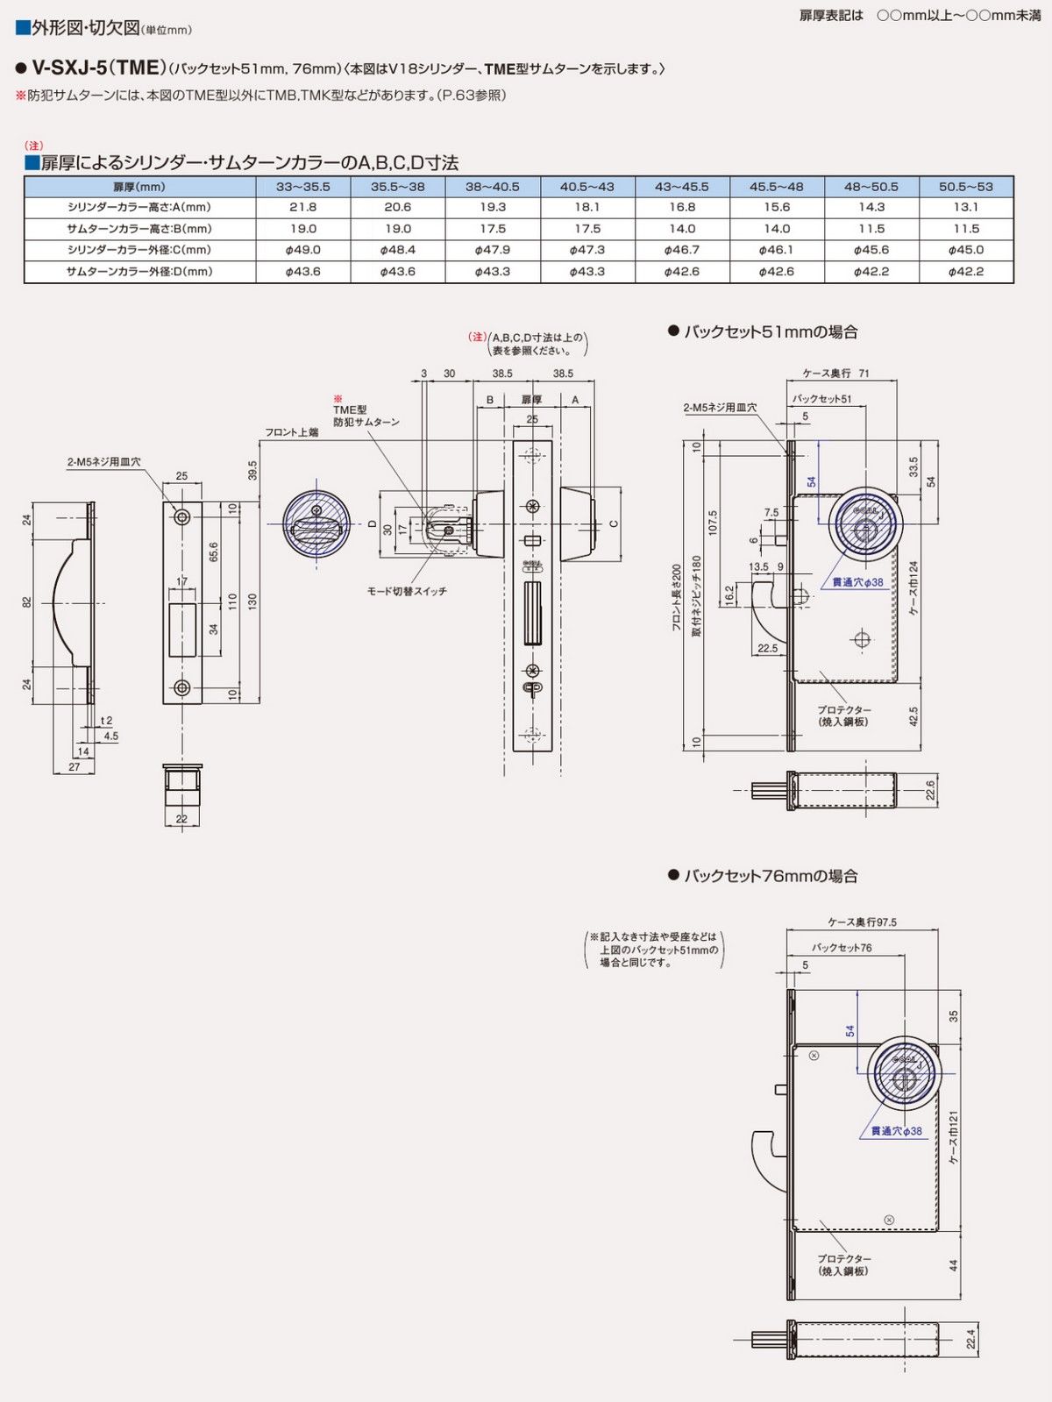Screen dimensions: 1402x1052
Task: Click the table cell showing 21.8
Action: (x=302, y=207)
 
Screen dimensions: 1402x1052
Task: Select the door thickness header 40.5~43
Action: (x=586, y=186)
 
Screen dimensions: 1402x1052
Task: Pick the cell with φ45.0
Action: (x=965, y=250)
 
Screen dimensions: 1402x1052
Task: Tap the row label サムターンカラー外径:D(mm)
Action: (x=139, y=272)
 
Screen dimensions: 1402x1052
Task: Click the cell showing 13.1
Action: (x=965, y=207)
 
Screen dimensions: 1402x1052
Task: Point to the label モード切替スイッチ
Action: (x=406, y=592)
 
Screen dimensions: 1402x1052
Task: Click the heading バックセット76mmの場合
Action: (x=770, y=876)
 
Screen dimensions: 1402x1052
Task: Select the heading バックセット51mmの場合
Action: (x=770, y=331)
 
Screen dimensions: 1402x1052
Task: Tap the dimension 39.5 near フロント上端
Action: (x=252, y=471)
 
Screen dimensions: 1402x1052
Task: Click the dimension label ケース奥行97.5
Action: (x=862, y=922)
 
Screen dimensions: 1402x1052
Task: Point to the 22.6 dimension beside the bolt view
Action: (x=930, y=791)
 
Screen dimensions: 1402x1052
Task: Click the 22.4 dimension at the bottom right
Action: (x=970, y=1339)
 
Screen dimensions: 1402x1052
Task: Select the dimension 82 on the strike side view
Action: (x=27, y=601)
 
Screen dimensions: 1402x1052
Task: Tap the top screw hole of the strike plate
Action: (x=182, y=517)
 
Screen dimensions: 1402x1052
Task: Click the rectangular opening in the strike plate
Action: (x=181, y=629)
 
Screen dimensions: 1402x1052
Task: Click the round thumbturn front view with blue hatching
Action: (x=316, y=524)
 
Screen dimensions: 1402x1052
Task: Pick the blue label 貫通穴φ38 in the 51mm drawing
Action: (x=857, y=582)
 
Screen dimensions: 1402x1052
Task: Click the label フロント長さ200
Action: (x=676, y=599)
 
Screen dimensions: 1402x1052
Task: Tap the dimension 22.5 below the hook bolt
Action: (x=767, y=649)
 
